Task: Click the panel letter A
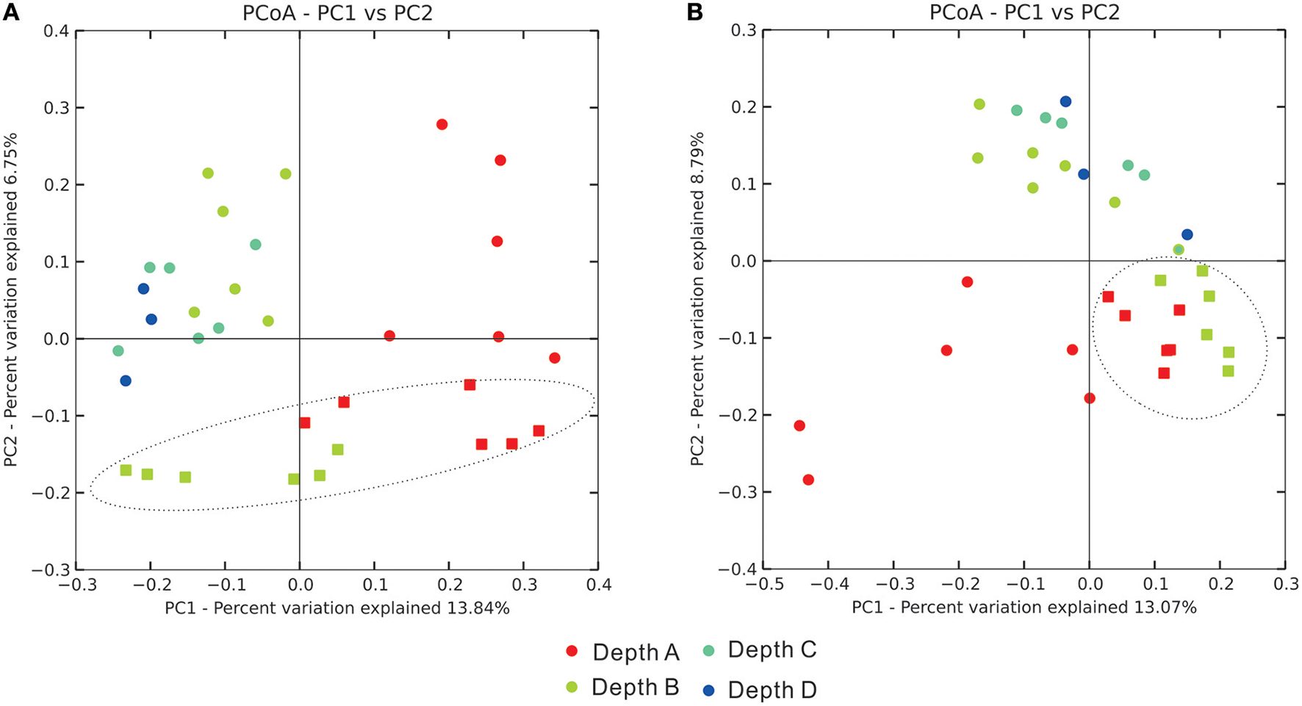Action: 10,12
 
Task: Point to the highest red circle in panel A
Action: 442,125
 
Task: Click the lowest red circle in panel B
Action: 808,480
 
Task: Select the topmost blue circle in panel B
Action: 1065,101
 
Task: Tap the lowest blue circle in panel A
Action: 126,381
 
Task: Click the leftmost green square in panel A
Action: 126,470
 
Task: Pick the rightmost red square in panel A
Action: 539,431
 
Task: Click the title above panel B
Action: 1024,12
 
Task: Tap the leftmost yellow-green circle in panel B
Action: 978,158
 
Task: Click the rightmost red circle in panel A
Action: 555,358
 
